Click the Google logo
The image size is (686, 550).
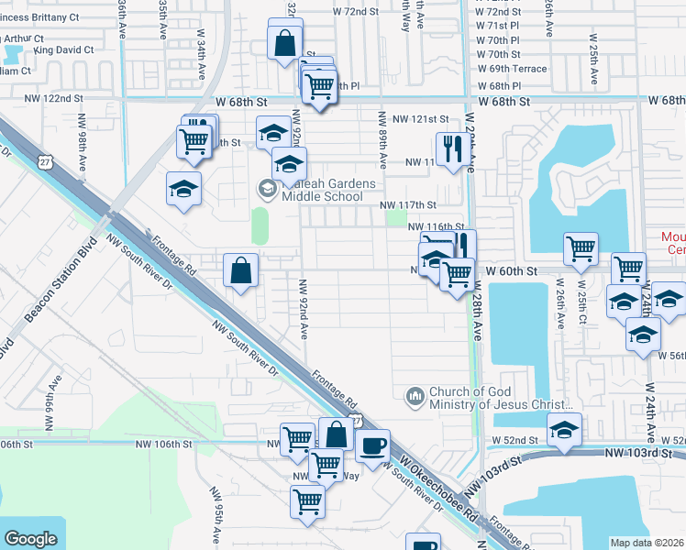(x=30, y=539)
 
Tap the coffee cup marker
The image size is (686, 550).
(x=371, y=446)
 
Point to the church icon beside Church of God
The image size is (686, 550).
(x=415, y=395)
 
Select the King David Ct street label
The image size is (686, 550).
(x=63, y=49)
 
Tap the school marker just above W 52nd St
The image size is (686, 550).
(x=564, y=429)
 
